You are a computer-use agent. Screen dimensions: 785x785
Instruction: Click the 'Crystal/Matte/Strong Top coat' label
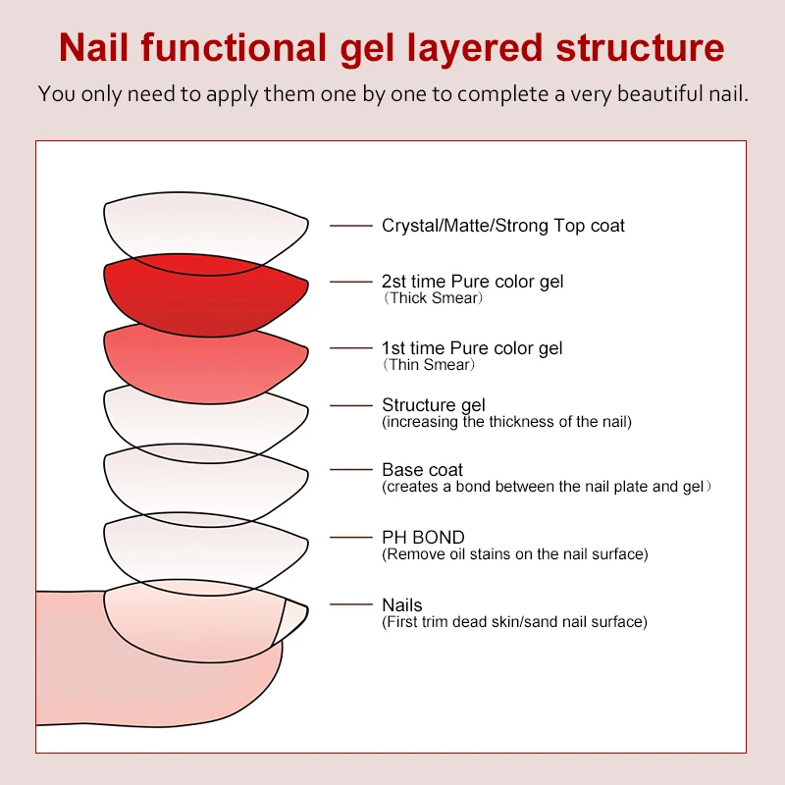(x=502, y=226)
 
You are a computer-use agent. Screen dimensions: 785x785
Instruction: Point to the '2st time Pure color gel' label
(x=472, y=282)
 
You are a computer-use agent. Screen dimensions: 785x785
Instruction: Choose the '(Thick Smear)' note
(x=433, y=298)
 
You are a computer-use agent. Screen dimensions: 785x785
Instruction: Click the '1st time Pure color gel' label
(x=471, y=348)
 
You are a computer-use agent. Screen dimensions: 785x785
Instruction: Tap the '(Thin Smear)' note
(x=429, y=365)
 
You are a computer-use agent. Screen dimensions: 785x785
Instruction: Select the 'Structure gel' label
(x=433, y=405)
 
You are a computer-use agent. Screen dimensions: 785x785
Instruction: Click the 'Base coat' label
(x=422, y=470)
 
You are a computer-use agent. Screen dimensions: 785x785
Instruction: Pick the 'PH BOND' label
(x=423, y=538)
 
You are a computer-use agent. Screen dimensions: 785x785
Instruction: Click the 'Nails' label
(x=401, y=605)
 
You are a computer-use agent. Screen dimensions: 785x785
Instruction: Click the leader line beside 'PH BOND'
(x=351, y=538)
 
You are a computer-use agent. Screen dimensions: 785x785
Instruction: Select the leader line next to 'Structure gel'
(x=351, y=405)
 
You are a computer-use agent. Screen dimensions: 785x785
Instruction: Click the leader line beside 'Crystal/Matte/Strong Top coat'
(x=351, y=226)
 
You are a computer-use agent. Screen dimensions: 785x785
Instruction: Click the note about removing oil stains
(x=514, y=554)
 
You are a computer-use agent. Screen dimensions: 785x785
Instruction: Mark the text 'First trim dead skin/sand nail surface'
(x=514, y=622)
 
